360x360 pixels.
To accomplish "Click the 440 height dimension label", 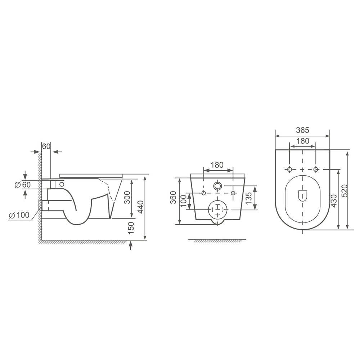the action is pos(140,208).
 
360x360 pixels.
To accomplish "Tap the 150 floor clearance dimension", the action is pos(131,228).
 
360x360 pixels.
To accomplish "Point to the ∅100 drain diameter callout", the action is pos(19,215).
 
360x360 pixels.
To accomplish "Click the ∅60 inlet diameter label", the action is pos(22,185).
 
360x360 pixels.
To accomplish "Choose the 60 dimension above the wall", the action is pos(46,146).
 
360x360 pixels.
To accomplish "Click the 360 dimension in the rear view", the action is pos(174,198).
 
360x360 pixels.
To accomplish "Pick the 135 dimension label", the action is pos(249,198).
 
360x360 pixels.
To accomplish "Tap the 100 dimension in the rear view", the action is pos(184,201).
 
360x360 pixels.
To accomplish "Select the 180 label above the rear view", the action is pos(217,165).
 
